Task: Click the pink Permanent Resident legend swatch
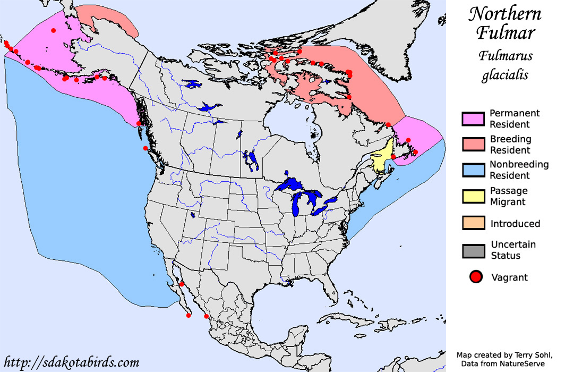pyautogui.click(x=473, y=119)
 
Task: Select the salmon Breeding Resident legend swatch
pyautogui.click(x=473, y=145)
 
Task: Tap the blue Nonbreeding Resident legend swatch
pyautogui.click(x=473, y=170)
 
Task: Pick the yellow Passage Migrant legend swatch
pyautogui.click(x=473, y=196)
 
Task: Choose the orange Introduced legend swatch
pyautogui.click(x=473, y=223)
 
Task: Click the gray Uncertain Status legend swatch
pyautogui.click(x=473, y=250)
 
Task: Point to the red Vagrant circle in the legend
pyautogui.click(x=476, y=277)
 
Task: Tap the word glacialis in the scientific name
pyautogui.click(x=505, y=75)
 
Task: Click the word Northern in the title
pyautogui.click(x=505, y=14)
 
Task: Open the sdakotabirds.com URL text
pyautogui.click(x=71, y=362)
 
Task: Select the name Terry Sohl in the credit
pyautogui.click(x=528, y=354)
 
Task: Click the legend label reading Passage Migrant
pyautogui.click(x=508, y=196)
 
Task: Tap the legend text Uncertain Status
pyautogui.click(x=513, y=250)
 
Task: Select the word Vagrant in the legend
pyautogui.click(x=510, y=277)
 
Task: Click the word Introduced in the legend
pyautogui.click(x=515, y=224)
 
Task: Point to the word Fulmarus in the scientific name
pyautogui.click(x=505, y=56)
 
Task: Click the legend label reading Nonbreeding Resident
pyautogui.click(x=519, y=170)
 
